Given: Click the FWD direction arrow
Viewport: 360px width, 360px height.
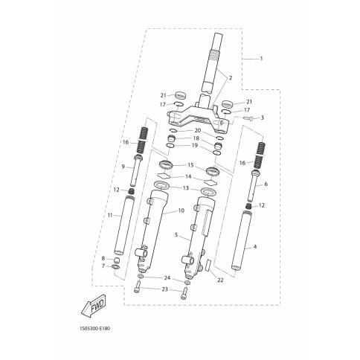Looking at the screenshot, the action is click(94, 306).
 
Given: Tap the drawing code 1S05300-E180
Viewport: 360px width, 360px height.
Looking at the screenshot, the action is click(94, 329).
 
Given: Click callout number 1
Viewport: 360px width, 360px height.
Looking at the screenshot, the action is click(261, 59).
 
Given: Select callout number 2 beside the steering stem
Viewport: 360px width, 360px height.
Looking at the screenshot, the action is click(231, 78).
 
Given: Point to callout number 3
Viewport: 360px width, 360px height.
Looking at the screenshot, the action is click(262, 118).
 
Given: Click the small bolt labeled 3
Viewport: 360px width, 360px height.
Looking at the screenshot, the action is click(248, 119).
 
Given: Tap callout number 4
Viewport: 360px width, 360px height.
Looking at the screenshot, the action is click(255, 247).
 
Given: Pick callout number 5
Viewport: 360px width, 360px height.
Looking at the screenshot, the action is click(176, 234).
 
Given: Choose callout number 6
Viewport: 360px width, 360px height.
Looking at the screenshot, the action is click(266, 184).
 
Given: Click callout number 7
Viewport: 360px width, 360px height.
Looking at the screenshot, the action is click(103, 266).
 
